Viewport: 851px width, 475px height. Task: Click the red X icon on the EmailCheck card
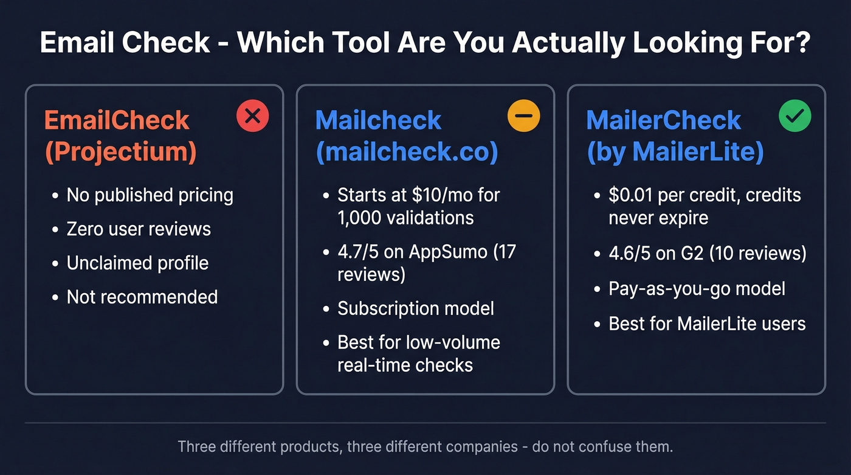(x=252, y=117)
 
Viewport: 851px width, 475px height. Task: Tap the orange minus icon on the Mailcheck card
(x=523, y=117)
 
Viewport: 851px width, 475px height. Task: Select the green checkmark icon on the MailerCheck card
(x=794, y=117)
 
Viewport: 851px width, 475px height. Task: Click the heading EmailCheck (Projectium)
(x=120, y=136)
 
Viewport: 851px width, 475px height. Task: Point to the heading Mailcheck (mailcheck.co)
(x=407, y=136)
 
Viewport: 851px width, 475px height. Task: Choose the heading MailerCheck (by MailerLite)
(x=675, y=136)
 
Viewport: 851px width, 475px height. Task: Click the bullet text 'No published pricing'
(x=150, y=195)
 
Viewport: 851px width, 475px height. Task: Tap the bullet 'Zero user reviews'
(x=139, y=229)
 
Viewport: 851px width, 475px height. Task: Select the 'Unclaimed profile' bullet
(x=137, y=263)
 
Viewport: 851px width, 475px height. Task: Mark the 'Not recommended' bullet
(x=142, y=297)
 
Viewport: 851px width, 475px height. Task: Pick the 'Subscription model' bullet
(x=416, y=308)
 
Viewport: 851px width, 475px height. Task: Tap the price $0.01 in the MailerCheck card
(x=630, y=195)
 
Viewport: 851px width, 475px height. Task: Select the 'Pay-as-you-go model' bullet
(x=697, y=288)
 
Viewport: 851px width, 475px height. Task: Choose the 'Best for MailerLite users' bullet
(x=707, y=324)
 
